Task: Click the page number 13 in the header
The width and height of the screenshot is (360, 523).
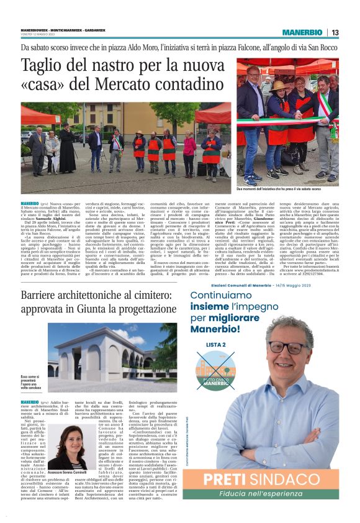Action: [x=335, y=32]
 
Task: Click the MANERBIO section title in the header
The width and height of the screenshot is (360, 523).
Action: [x=303, y=32]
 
